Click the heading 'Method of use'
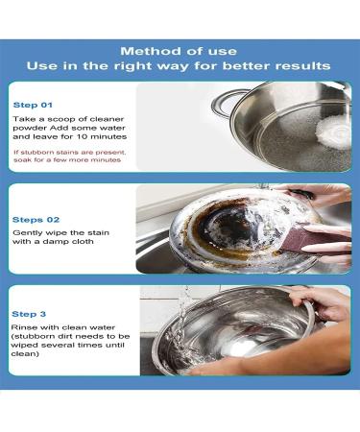180,50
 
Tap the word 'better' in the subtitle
265,66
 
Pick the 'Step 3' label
30,313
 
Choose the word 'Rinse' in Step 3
26,330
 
